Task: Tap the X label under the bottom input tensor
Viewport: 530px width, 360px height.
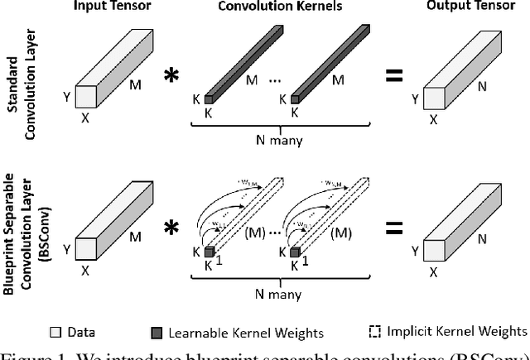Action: pyautogui.click(x=85, y=270)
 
